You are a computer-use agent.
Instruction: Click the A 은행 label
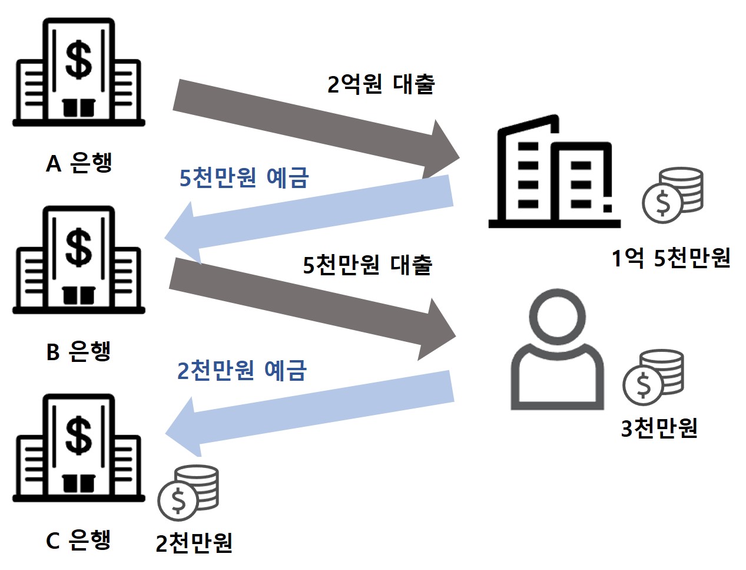coord(79,162)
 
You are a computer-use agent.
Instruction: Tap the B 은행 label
coord(78,351)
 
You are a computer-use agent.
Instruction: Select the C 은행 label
coord(78,539)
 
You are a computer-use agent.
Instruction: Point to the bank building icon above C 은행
coord(78,448)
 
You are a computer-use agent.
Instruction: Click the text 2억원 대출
coord(381,84)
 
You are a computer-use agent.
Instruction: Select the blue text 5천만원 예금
coord(244,177)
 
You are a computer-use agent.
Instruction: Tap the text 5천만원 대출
coord(367,265)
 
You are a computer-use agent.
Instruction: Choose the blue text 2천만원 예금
coord(242,370)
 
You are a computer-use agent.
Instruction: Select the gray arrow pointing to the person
coord(312,307)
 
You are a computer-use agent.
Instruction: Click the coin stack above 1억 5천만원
coord(673,195)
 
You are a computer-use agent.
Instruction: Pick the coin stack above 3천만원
coord(654,377)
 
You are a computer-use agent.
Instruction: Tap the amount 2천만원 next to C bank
coord(194,543)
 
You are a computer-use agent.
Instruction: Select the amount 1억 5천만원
coord(671,258)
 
